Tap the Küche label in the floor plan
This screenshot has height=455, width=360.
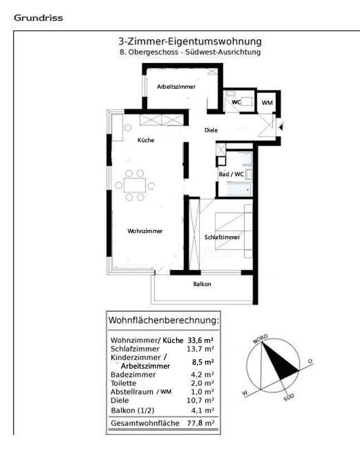pos(146,140)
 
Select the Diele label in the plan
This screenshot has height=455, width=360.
pos(210,130)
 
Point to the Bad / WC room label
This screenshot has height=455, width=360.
pos(231,174)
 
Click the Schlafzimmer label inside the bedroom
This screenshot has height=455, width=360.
pos(222,237)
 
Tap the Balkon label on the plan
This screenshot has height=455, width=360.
pos(202,284)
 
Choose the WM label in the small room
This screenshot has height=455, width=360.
pos(267,102)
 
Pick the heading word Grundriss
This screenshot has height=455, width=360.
pos(38,17)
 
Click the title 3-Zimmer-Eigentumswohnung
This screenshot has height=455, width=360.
pos(189,41)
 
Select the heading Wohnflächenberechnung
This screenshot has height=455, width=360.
pos(163,321)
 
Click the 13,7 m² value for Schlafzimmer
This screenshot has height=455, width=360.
pos(202,348)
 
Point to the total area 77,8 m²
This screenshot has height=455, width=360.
pos(202,423)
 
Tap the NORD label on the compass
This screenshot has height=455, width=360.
pos(260,338)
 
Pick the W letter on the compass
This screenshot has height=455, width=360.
pos(244,393)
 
